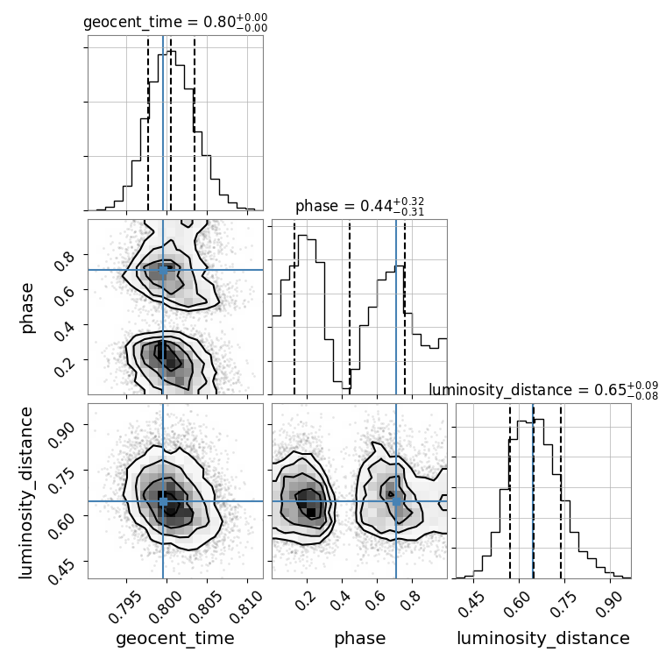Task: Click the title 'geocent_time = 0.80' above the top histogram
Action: point(174,23)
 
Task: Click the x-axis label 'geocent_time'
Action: point(175,638)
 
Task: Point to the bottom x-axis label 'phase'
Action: point(359,638)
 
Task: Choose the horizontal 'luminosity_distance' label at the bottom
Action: point(543,638)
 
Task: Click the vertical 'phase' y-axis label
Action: point(28,307)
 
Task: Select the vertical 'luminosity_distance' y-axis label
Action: point(28,491)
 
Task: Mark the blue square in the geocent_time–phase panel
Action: point(163,270)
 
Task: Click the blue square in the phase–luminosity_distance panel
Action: point(396,501)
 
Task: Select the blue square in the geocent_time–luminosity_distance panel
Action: point(163,501)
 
